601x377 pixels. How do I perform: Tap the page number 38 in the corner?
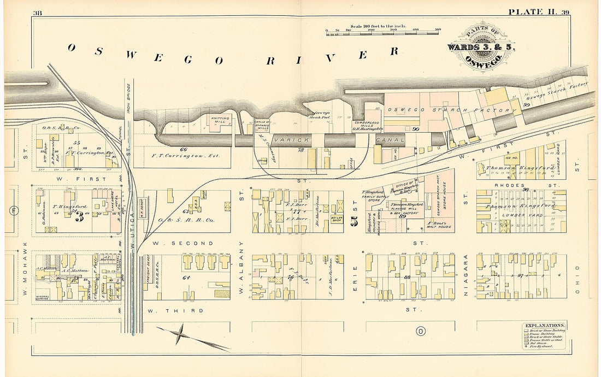38,13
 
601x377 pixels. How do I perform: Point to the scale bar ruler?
382,34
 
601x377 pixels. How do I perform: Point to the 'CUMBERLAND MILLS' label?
366,123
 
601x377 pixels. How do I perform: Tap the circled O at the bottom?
420,331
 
